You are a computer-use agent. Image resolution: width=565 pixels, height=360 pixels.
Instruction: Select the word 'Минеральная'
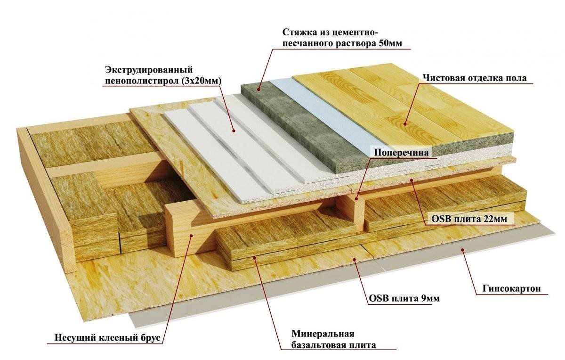pos(323,334)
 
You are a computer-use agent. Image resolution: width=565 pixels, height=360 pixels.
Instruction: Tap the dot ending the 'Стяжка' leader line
pos(258,88)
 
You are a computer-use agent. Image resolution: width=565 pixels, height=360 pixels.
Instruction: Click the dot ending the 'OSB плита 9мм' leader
pos(356,259)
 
